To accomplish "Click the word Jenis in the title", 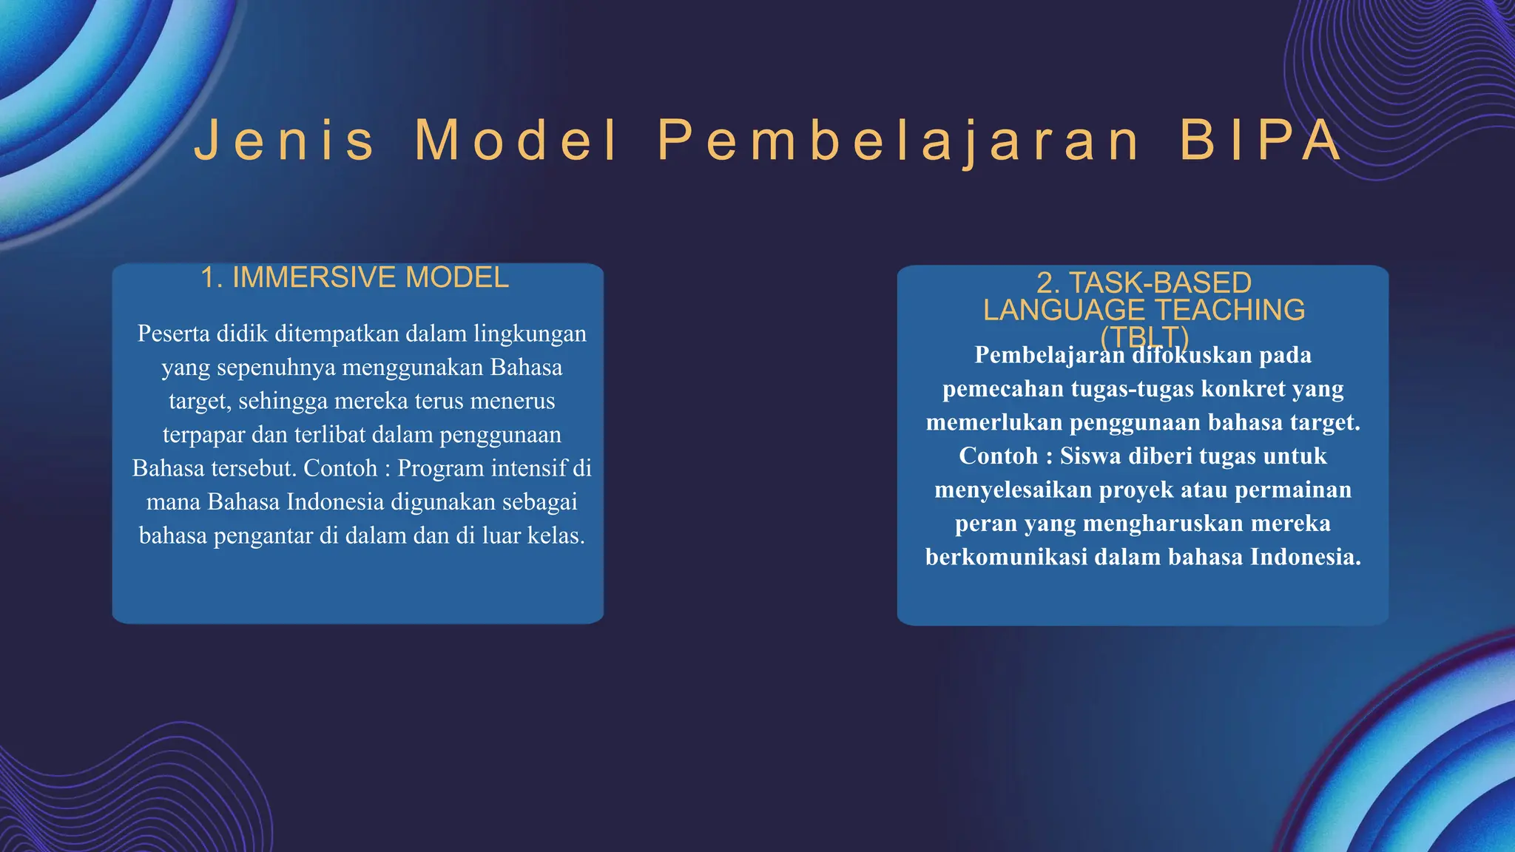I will [285, 140].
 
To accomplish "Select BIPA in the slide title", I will [1260, 140].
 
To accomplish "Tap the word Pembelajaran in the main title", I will [899, 140].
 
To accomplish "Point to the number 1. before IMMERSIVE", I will [212, 278].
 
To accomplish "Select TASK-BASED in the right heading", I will [1160, 283].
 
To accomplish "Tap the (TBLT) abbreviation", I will [1144, 337].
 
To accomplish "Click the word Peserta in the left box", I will [173, 334].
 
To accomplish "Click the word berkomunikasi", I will [1006, 557].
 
